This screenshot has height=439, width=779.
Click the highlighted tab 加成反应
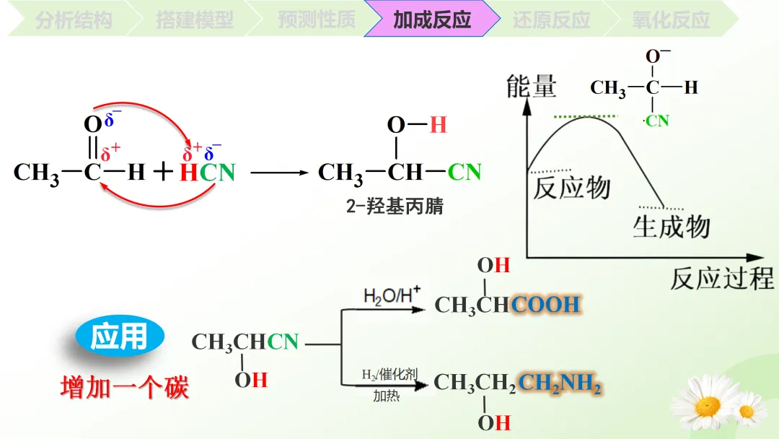(x=432, y=19)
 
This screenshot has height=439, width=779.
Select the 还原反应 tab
(x=552, y=19)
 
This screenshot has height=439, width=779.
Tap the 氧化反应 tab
(x=671, y=19)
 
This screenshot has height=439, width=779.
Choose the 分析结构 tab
(x=74, y=19)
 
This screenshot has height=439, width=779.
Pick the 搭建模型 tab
(x=195, y=19)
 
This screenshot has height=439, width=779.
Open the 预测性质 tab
(x=316, y=19)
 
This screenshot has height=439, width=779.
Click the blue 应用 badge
(x=120, y=336)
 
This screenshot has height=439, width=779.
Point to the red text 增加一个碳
(x=124, y=388)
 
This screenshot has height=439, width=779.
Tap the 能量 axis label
(x=532, y=87)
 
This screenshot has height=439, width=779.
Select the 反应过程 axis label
(x=721, y=279)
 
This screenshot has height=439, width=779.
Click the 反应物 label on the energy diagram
(x=572, y=188)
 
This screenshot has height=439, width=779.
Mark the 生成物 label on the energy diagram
(x=672, y=227)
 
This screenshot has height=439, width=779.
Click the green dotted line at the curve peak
(x=586, y=116)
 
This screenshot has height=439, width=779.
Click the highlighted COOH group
(x=546, y=305)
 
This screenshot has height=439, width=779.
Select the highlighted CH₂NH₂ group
(x=560, y=383)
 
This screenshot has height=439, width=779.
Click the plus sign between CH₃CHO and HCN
(x=164, y=172)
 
